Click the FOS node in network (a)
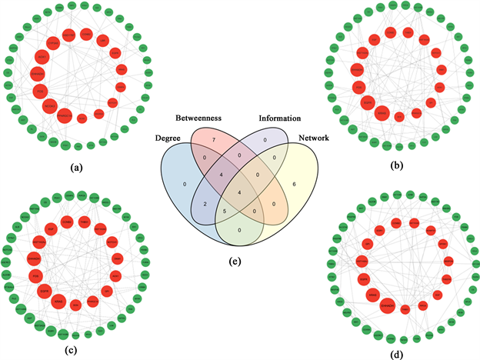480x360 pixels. (40, 92)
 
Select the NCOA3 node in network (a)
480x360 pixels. (50, 105)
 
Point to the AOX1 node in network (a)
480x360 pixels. (42, 57)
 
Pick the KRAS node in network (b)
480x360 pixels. (382, 113)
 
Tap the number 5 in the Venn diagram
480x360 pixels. (223, 210)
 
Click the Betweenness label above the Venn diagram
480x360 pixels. (198, 118)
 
